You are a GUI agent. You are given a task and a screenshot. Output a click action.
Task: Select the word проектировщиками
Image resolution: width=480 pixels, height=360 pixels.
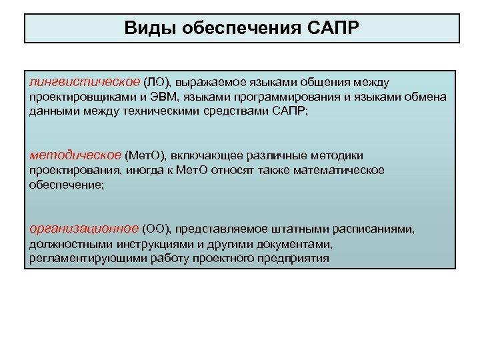tap(79, 97)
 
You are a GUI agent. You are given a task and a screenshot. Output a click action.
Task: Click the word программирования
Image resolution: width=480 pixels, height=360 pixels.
tap(282, 97)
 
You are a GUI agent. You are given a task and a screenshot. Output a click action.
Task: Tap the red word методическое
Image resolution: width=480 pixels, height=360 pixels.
tap(75, 155)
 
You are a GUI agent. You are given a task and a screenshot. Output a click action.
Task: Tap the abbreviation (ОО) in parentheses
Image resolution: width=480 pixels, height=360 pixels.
tap(157, 230)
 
